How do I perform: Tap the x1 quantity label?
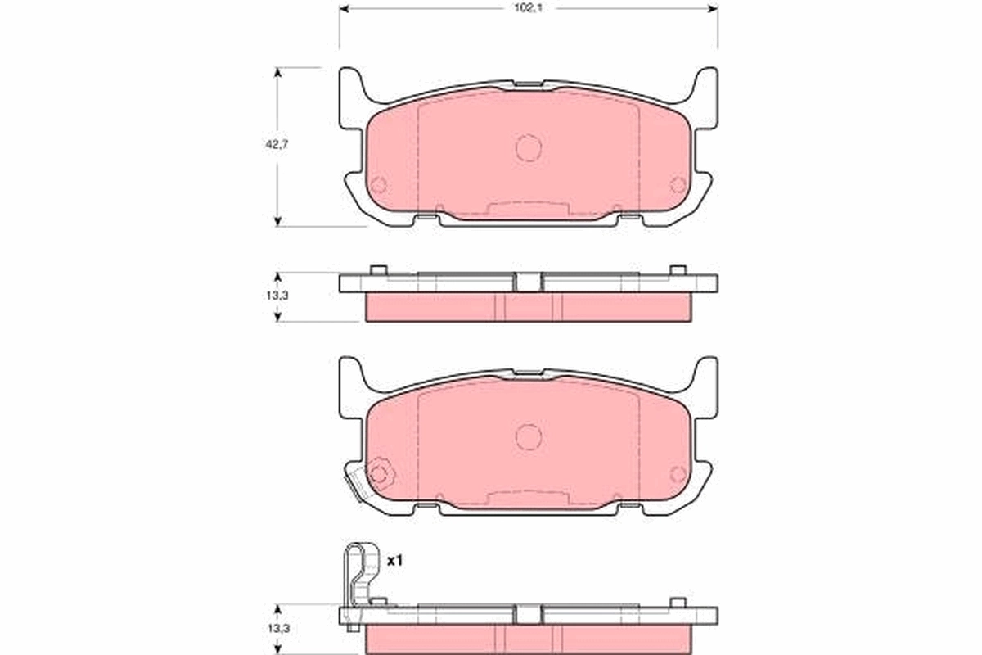(x=395, y=561)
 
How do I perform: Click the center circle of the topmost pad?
(x=529, y=147)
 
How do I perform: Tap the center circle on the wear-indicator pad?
(x=529, y=436)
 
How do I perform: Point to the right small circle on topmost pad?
(x=678, y=185)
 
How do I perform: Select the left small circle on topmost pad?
(x=378, y=185)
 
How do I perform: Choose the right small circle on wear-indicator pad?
(x=678, y=473)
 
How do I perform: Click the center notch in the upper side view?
(x=529, y=281)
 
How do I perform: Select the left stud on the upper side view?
(x=377, y=270)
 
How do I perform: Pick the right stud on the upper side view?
(x=677, y=270)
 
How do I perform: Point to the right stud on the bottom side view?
(x=677, y=603)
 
